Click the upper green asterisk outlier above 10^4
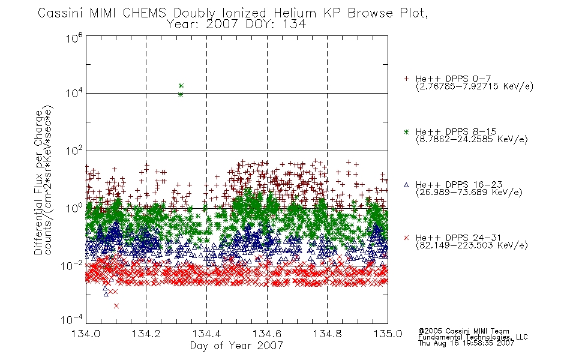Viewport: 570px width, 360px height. click(181, 86)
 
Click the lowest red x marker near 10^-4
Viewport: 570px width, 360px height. click(116, 306)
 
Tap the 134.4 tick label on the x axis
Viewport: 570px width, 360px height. click(206, 334)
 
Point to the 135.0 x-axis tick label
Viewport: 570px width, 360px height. click(388, 334)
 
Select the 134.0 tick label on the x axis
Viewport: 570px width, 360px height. click(86, 334)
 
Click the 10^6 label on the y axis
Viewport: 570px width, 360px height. click(74, 38)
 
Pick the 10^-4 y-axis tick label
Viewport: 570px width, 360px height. click(71, 319)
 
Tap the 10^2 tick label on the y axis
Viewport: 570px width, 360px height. click(74, 151)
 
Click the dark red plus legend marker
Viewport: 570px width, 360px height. click(406, 79)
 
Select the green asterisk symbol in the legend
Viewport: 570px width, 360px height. click(406, 132)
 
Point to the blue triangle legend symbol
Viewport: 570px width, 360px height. click(406, 185)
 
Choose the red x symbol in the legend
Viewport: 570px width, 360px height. click(406, 238)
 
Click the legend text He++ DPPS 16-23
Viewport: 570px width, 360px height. click(459, 184)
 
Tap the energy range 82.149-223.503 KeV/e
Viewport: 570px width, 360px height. click(472, 245)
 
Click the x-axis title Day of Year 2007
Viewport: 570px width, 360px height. click(236, 346)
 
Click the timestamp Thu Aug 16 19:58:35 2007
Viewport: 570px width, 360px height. click(466, 343)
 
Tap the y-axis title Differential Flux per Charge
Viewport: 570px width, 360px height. click(38, 183)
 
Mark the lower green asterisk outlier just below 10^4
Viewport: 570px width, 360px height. click(181, 95)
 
